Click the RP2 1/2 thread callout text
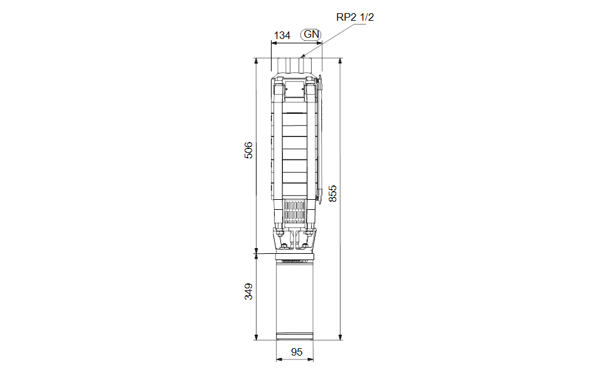point(355,18)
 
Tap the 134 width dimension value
point(282,35)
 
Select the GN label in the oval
point(311,34)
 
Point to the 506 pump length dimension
point(248,150)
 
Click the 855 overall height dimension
point(333,194)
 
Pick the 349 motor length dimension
point(248,292)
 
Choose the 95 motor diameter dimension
point(296,352)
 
